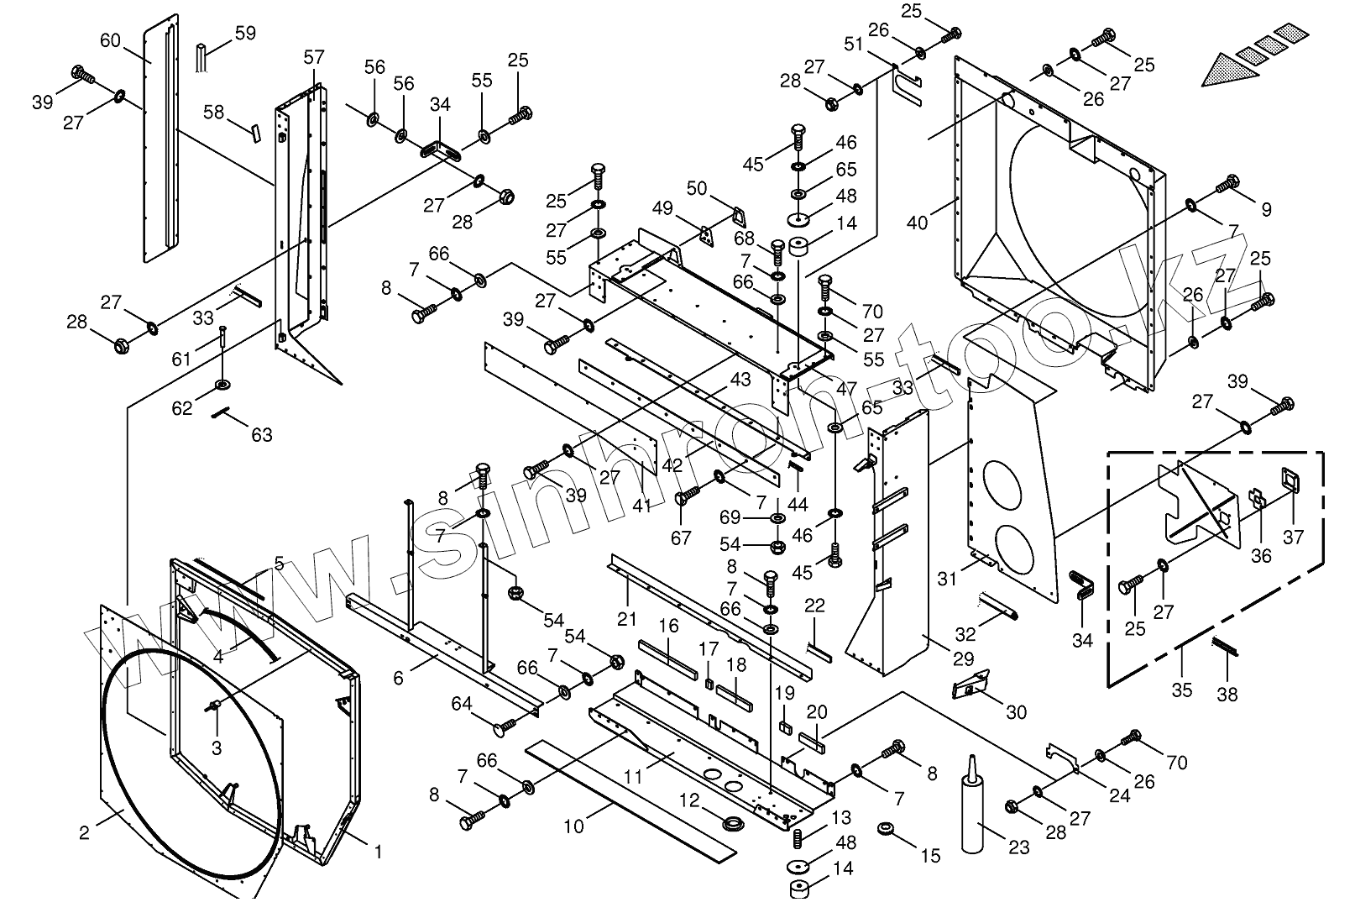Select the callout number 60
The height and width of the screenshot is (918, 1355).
[x=111, y=40]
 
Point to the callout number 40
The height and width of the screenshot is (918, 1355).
[x=918, y=223]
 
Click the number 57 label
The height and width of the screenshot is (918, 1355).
[x=313, y=58]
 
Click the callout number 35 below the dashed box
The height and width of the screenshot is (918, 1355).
[x=1182, y=690]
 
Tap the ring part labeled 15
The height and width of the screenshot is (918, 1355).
[x=886, y=830]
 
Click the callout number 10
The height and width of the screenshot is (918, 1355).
[x=573, y=826]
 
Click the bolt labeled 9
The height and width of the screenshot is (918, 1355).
[x=1228, y=181]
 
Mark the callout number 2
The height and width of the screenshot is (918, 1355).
[x=84, y=832]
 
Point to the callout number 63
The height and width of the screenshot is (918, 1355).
[x=262, y=435]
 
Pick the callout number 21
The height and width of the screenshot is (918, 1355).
[x=626, y=620]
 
